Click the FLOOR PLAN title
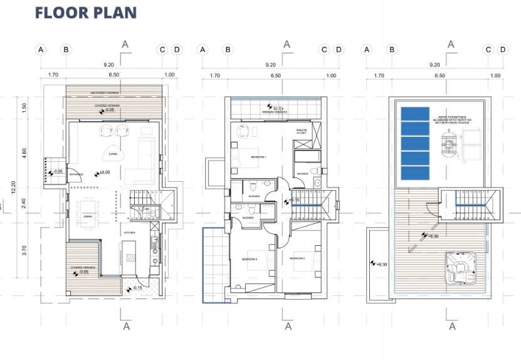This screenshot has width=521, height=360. click(85, 13)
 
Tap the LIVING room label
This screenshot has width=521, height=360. click(113, 153)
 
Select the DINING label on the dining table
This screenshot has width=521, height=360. click(87, 216)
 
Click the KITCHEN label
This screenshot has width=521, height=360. click(130, 232)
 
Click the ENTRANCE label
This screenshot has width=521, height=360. click(76, 174)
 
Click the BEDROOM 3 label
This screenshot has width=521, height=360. click(250, 258)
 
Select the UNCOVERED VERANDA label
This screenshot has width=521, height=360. click(113, 92)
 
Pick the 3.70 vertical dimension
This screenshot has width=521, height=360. click(24, 250)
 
